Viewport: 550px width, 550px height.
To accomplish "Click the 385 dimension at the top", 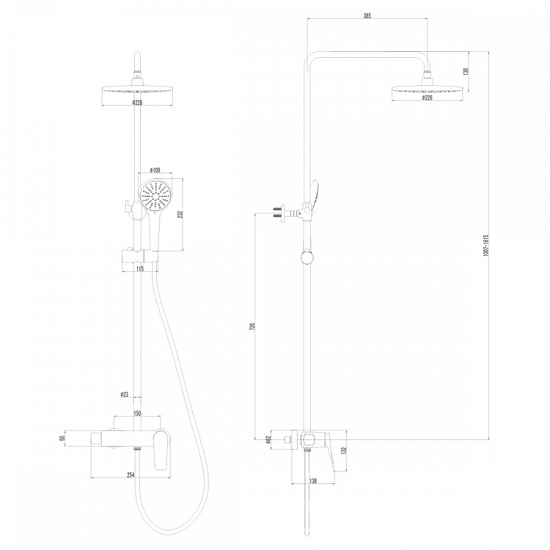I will coord(367,16).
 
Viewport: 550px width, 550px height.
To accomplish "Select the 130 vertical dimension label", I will coord(466,71).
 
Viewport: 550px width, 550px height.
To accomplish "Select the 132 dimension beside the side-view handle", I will coord(344,450).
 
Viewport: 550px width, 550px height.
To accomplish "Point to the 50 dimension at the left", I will coord(63,438).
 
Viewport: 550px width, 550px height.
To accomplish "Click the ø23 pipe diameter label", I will coord(124,394).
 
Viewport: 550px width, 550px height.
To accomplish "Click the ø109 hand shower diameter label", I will coord(155,171).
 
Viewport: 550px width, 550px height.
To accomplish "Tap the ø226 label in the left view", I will coord(137,102).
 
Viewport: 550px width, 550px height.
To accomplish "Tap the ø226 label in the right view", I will coord(427,97).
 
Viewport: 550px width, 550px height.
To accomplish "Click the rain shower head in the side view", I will coord(427,88).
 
